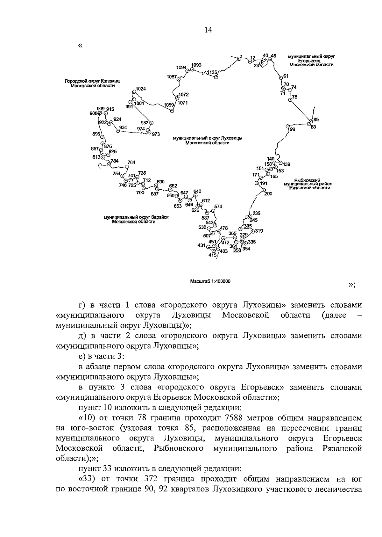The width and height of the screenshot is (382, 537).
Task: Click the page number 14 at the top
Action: [208, 30]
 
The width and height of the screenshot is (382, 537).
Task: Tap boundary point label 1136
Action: [211, 72]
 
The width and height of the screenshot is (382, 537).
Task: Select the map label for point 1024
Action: [140, 89]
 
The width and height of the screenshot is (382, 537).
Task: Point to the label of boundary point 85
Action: [316, 120]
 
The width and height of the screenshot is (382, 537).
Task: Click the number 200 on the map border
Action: [268, 193]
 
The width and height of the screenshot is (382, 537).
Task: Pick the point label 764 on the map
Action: [131, 163]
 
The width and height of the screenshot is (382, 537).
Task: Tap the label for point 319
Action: [259, 231]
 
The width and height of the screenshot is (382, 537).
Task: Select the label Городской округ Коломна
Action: [92, 83]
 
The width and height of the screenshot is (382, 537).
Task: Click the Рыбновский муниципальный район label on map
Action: [307, 184]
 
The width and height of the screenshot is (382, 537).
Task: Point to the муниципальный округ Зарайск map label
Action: [136, 219]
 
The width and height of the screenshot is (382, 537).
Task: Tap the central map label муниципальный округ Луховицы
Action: [207, 141]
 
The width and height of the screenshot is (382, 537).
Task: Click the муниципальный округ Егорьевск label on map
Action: [311, 60]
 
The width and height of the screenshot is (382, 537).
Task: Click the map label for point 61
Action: [286, 76]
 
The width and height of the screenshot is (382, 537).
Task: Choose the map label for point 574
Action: [218, 207]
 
